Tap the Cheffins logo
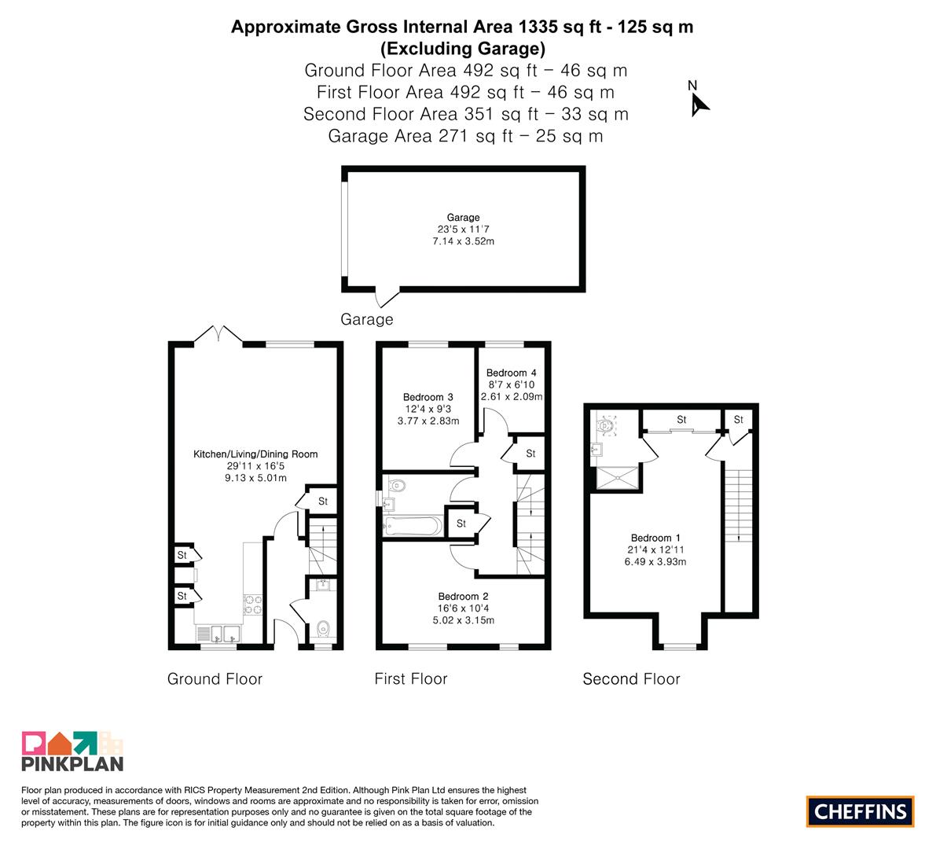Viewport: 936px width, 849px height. click(x=861, y=811)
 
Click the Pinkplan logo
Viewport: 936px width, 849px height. click(x=72, y=751)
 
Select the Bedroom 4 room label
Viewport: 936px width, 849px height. click(x=511, y=373)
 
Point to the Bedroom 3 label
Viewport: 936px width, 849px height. click(x=428, y=397)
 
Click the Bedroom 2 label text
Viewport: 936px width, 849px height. click(x=463, y=597)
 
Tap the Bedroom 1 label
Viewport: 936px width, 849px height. click(x=655, y=538)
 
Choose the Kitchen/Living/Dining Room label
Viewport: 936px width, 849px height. click(x=255, y=454)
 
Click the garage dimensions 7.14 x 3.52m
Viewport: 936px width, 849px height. click(x=463, y=241)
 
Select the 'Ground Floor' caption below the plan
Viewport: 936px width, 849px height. click(x=215, y=679)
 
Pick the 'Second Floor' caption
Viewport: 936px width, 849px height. click(x=632, y=679)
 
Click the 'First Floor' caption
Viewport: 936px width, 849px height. click(x=411, y=679)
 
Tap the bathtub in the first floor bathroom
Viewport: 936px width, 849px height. click(x=413, y=526)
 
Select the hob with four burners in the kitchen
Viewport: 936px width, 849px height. click(x=252, y=605)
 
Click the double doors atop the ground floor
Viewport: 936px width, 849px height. click(x=218, y=334)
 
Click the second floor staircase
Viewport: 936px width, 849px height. click(x=739, y=505)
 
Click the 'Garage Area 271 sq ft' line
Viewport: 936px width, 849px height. click(x=465, y=136)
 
